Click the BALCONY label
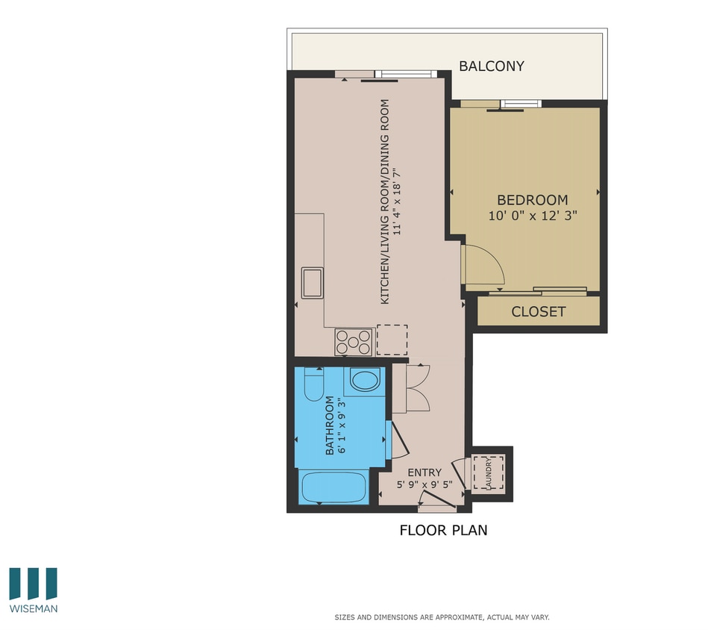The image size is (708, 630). [491, 66]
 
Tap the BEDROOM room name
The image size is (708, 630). [532, 200]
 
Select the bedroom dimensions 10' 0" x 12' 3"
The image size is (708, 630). [532, 215]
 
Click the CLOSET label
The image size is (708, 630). [538, 312]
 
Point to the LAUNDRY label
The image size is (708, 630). [489, 472]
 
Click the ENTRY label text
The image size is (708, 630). [425, 472]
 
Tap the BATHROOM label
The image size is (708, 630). [329, 425]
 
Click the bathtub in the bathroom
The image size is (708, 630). [333, 488]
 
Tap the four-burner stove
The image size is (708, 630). [353, 342]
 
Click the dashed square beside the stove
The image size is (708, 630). [392, 340]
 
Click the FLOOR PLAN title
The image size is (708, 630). [443, 531]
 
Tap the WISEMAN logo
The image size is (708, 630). [34, 590]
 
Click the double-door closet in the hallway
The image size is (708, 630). [410, 388]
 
